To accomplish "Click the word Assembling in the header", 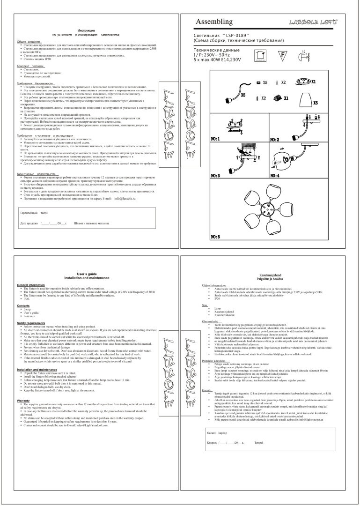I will coord(214,22).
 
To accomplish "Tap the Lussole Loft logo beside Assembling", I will coord(315,22).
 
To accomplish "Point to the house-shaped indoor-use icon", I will coord(259,55).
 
